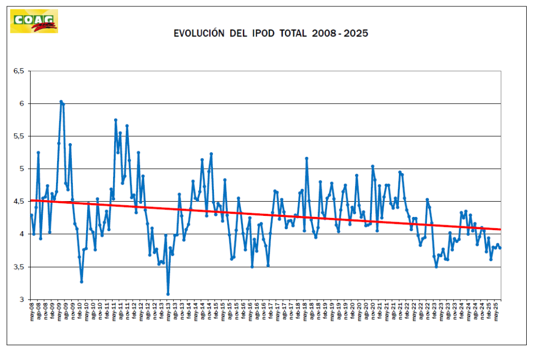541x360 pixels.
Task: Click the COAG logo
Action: coord(34,21)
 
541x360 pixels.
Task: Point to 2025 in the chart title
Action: coord(356,33)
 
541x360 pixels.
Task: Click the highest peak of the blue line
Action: coord(61,101)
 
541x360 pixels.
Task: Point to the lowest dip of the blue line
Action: coord(168,294)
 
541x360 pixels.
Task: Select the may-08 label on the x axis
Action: coord(32,312)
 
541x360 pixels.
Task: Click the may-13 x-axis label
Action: coord(169,312)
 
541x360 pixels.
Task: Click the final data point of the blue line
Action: coord(500,248)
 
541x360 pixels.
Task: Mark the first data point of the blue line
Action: coord(31,215)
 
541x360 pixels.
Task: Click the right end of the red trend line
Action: coord(500,229)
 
